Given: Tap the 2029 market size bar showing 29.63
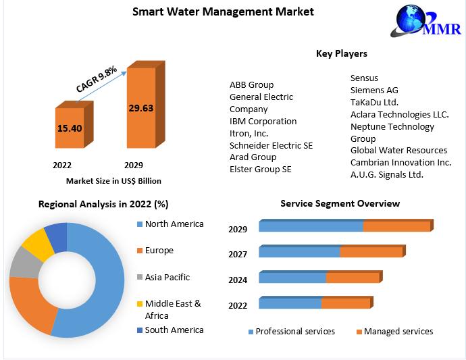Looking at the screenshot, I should pyautogui.click(x=140, y=107).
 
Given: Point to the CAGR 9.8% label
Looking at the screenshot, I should pyautogui.click(x=97, y=78).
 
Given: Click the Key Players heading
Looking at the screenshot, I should pyautogui.click(x=341, y=53).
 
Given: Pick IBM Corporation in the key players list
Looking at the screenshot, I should pyautogui.click(x=263, y=121).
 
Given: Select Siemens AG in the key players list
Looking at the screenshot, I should pyautogui.click(x=374, y=90).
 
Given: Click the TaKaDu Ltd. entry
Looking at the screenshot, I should pyautogui.click(x=374, y=102).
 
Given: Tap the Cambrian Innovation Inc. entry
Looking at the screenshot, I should pyautogui.click(x=400, y=162).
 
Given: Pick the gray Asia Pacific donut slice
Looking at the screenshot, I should pyautogui.click(x=24, y=263).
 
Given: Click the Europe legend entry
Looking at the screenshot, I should pyautogui.click(x=159, y=251).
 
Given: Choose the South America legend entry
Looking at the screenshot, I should pyautogui.click(x=174, y=330).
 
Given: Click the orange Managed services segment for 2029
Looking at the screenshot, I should pyautogui.click(x=396, y=226).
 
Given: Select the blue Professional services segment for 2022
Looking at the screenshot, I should pyautogui.click(x=290, y=303).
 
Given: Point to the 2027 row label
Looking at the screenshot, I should pyautogui.click(x=238, y=254).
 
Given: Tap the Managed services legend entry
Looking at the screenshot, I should pyautogui.click(x=398, y=331).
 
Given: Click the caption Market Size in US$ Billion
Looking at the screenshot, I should pyautogui.click(x=113, y=181).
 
